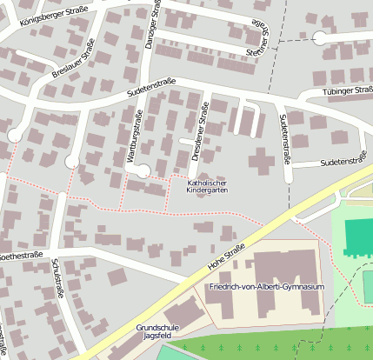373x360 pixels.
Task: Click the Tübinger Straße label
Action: point(348,90)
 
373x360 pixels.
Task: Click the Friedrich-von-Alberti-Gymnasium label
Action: point(266,287)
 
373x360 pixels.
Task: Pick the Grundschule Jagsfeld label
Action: point(157,331)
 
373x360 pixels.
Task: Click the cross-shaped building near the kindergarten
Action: point(261,161)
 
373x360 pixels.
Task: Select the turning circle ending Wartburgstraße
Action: point(143,170)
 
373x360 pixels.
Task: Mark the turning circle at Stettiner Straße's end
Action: point(320,37)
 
